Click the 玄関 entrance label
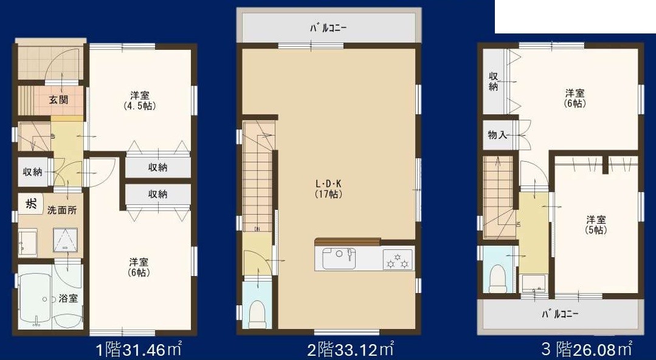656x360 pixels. coord(58,100)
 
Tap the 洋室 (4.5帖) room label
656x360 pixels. coord(140,100)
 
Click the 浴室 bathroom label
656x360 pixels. coord(67,299)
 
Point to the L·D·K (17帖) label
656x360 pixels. coord(329,189)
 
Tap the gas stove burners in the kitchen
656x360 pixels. coord(398,260)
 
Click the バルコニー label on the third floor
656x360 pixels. coord(560,315)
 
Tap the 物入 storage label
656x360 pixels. coord(497,135)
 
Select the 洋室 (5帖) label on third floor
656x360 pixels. coord(596,225)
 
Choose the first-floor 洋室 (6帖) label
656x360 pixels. coord(139,267)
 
